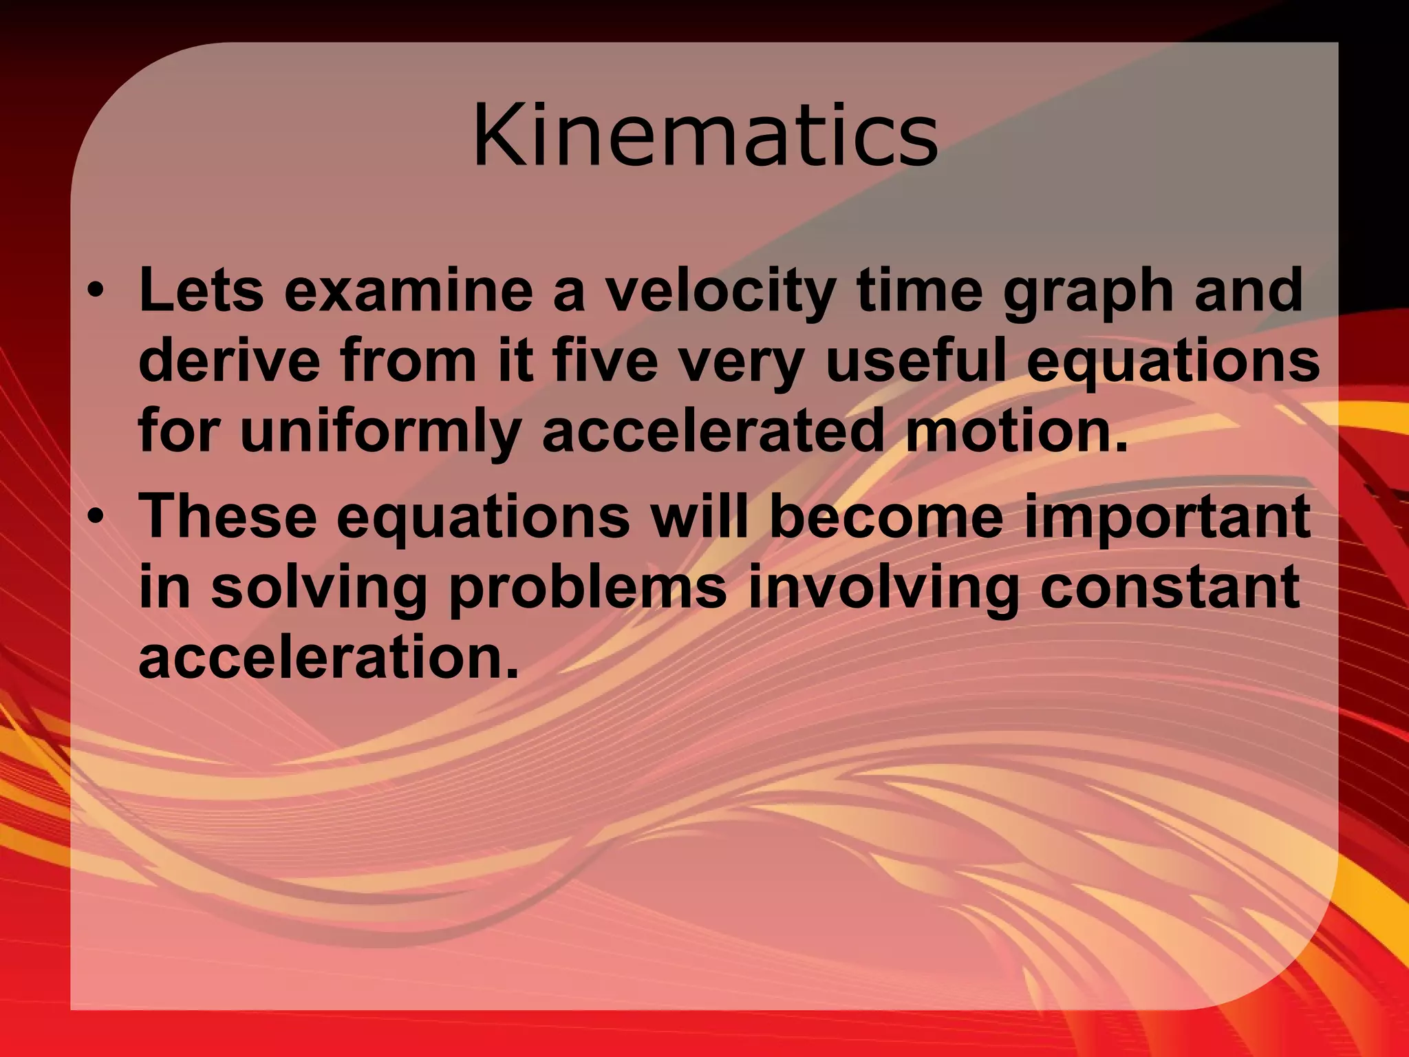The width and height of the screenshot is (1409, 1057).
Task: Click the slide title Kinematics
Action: [704, 135]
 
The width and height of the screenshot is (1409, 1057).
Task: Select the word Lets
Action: [201, 290]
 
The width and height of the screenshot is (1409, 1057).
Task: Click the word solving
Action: [319, 590]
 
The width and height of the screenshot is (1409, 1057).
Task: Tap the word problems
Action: [588, 590]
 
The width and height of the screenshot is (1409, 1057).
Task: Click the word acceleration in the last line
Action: [328, 656]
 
